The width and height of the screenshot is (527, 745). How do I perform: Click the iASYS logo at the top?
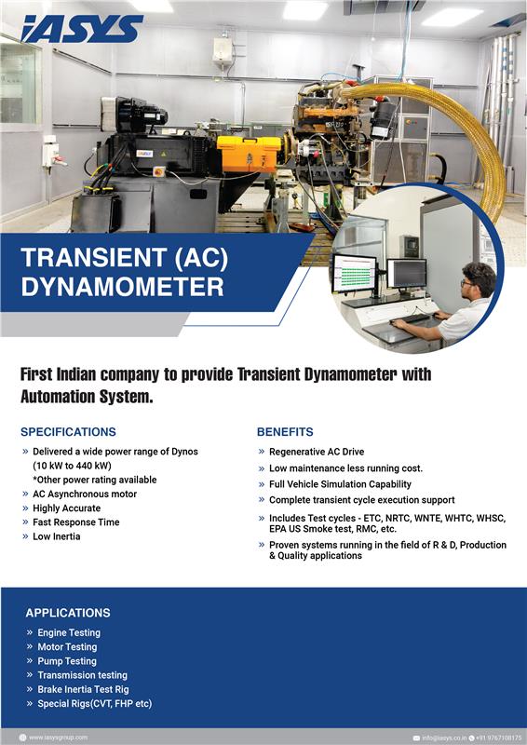(x=82, y=29)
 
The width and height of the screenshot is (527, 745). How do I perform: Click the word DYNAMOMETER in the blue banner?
(x=122, y=287)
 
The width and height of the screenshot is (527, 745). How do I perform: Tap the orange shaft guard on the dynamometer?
(x=249, y=153)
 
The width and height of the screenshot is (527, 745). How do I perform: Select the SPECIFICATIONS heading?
(x=68, y=432)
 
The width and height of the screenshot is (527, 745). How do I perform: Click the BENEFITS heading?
(x=285, y=432)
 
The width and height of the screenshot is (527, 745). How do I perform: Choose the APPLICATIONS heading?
(x=68, y=613)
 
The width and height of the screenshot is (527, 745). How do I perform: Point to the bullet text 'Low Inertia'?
(x=57, y=536)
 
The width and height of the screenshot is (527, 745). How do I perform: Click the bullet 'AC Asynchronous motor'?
(x=85, y=494)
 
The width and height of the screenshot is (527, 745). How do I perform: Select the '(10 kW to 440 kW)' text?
(x=72, y=466)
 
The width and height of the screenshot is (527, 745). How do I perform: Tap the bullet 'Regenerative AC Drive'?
(x=317, y=452)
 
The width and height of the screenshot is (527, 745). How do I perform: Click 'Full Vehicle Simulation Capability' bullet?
(x=340, y=484)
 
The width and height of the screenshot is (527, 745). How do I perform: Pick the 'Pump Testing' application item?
(x=67, y=661)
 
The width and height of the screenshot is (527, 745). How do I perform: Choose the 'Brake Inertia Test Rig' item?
(x=83, y=689)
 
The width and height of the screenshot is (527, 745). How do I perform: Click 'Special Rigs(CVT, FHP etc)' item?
(x=95, y=704)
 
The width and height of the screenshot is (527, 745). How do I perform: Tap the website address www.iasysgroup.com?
(x=58, y=738)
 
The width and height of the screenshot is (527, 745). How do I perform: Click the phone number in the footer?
(x=499, y=738)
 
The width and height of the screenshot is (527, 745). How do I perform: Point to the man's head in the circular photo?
(x=478, y=278)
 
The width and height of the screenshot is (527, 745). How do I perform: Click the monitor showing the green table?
(x=355, y=273)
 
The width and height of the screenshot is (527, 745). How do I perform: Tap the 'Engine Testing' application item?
(x=69, y=633)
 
